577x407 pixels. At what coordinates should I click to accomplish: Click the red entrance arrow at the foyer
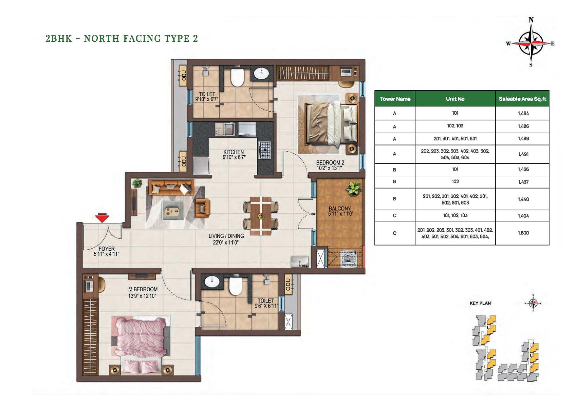[x=102, y=218]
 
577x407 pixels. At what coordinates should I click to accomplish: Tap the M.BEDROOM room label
[x=143, y=289]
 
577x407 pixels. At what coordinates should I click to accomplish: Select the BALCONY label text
[x=339, y=208]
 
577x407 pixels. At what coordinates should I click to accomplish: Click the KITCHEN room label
[x=234, y=152]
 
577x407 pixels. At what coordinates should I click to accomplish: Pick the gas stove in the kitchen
[x=264, y=150]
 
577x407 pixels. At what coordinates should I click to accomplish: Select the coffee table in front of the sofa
[x=173, y=211]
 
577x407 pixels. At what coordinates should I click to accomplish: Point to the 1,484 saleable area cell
[x=523, y=113]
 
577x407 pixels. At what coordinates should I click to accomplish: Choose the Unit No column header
[x=455, y=99]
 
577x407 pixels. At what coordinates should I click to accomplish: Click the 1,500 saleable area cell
[x=523, y=233]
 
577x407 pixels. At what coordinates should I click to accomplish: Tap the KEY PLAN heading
[x=480, y=303]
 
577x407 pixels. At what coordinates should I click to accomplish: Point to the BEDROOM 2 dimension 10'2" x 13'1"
[x=329, y=168]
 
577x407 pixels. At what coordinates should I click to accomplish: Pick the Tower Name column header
[x=395, y=99]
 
